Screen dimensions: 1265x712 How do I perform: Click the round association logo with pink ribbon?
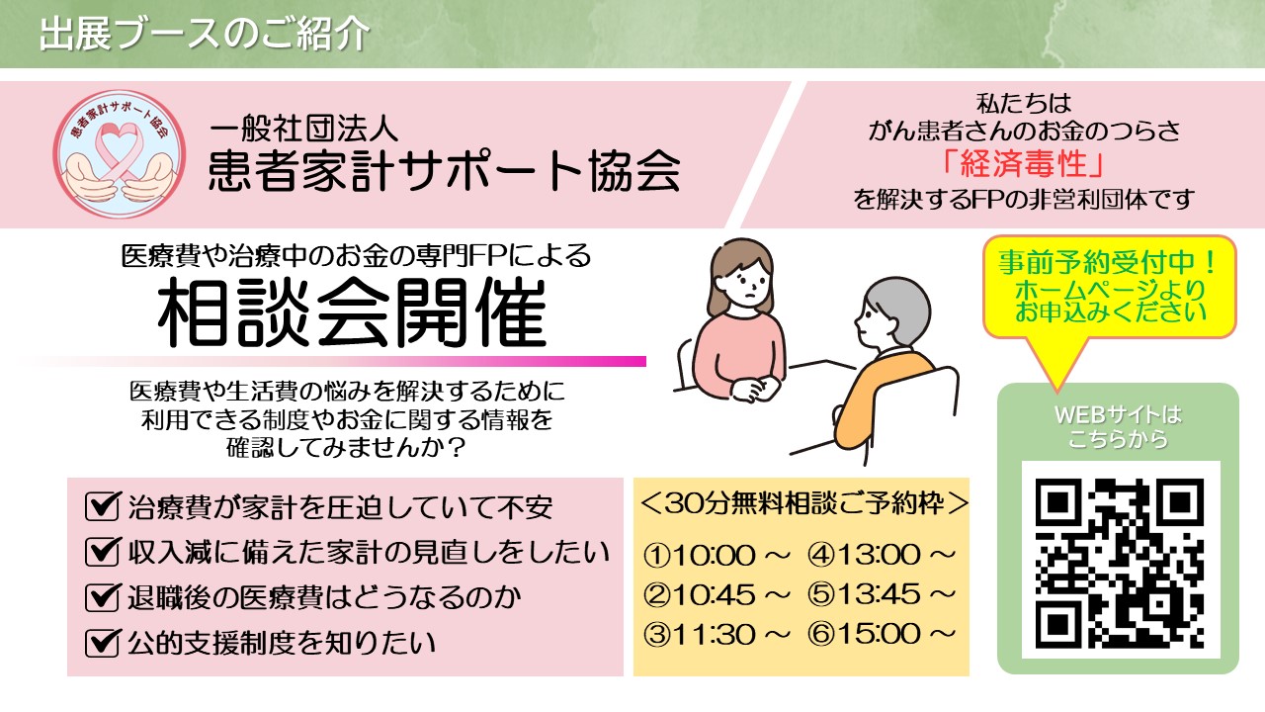[x=120, y=153]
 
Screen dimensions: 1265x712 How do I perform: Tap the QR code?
[x=1120, y=564]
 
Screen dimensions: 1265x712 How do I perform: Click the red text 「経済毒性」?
[x=1023, y=164]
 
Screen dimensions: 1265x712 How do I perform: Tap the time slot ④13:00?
[x=881, y=555]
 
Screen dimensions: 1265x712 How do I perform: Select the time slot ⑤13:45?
[x=881, y=594]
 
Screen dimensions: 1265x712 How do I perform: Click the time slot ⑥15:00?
[x=881, y=634]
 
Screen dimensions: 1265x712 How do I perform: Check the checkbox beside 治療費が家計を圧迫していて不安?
[x=102, y=505]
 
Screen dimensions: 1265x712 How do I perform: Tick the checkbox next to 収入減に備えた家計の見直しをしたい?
[x=102, y=552]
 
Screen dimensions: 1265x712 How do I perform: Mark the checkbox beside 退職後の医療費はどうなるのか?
[x=102, y=597]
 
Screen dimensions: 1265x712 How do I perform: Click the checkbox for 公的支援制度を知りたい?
[x=102, y=643]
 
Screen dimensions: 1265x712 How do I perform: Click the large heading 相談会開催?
[x=353, y=312]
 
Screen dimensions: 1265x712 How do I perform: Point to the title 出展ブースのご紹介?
[x=205, y=34]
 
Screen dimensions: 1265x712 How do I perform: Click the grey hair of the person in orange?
[x=899, y=308]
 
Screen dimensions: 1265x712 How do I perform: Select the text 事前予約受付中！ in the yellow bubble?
[x=1108, y=262]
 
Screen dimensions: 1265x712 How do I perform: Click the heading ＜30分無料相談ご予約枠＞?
[x=804, y=503]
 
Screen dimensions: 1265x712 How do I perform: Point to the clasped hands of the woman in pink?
[x=754, y=389]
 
